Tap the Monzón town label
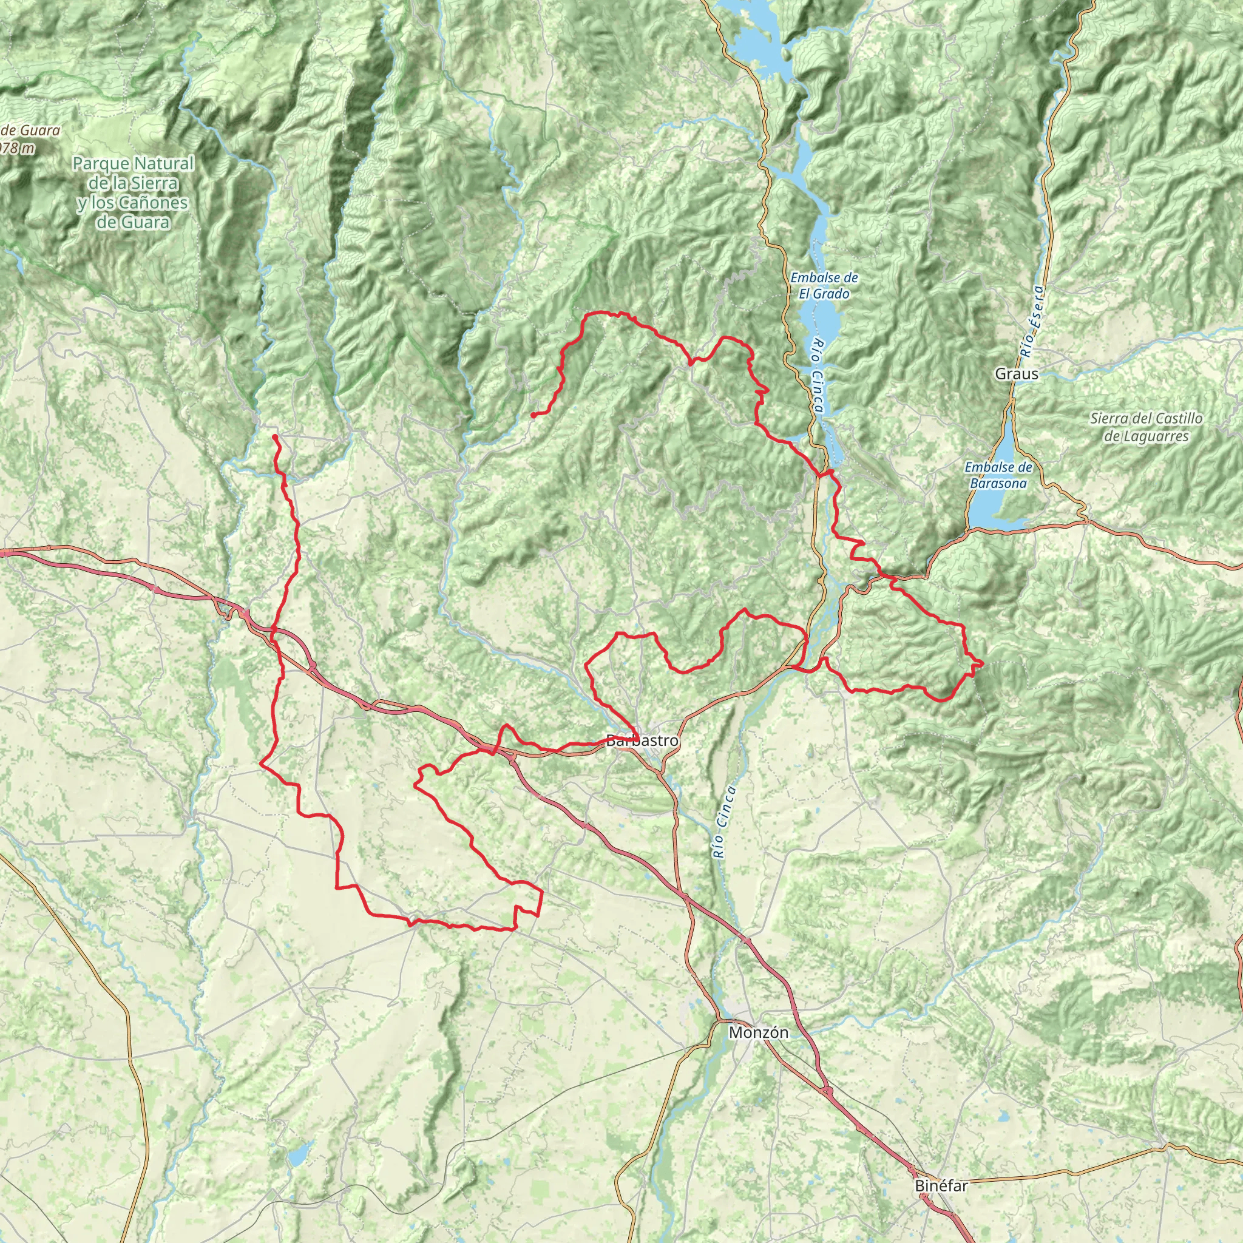(759, 1032)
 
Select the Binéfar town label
(941, 1186)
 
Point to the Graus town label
(1016, 374)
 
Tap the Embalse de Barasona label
(998, 475)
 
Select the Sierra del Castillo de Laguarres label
(1145, 427)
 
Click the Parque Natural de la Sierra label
(133, 174)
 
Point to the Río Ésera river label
(1034, 322)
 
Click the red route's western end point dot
(275, 437)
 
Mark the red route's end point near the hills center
(533, 415)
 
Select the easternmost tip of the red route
(983, 663)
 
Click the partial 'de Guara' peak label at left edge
(32, 130)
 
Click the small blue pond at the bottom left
(298, 1156)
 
